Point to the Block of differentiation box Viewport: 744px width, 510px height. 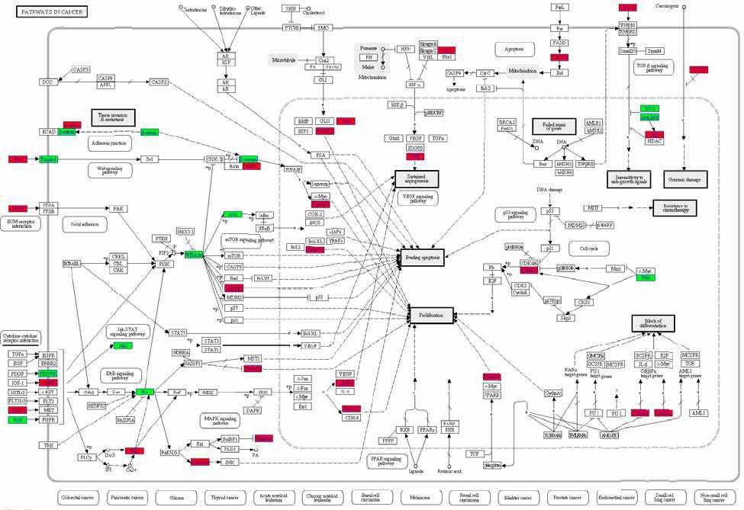tap(654, 323)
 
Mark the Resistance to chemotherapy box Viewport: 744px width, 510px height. tap(675, 207)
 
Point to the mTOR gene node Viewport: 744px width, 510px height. tap(235, 255)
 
